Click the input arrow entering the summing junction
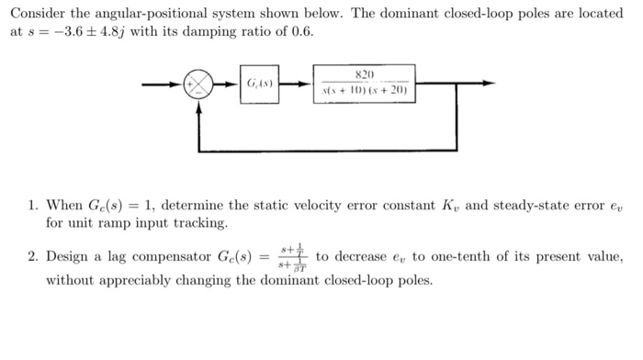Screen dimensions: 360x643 (165, 84)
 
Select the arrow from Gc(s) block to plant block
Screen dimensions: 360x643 (295, 84)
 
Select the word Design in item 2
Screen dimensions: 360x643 (67, 255)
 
